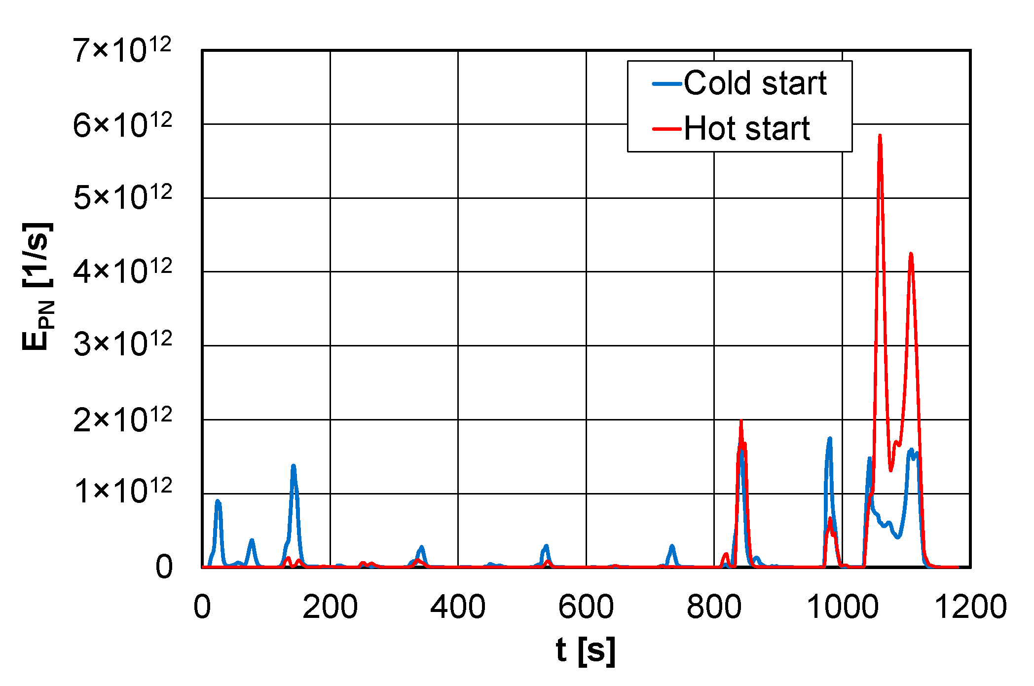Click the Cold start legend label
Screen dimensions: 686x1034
coord(755,83)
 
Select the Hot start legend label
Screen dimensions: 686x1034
coord(747,129)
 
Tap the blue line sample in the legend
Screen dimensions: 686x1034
coord(667,84)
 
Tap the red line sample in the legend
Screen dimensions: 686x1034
coord(667,129)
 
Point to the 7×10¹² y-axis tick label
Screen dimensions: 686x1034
coord(122,50)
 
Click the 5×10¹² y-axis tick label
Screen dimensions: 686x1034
coord(122,197)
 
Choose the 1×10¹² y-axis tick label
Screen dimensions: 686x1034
coord(122,491)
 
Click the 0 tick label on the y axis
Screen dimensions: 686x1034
coord(164,567)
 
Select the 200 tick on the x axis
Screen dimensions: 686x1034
coord(330,607)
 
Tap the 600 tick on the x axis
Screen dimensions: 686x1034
coord(586,607)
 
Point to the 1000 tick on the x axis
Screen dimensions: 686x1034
coord(842,607)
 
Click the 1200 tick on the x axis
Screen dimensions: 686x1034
coord(970,607)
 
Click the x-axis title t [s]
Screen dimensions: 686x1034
coord(586,650)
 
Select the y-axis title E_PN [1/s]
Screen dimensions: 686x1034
coord(38,286)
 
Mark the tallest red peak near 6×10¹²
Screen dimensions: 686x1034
coord(880,136)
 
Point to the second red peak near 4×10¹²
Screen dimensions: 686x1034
coord(911,254)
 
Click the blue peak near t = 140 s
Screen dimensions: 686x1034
coord(294,466)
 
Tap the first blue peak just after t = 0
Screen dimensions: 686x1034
coord(218,501)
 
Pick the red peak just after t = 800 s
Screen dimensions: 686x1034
coord(741,422)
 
